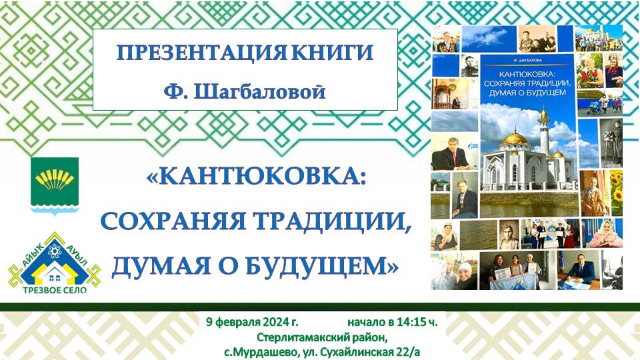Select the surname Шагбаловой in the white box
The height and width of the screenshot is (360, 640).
(x=259, y=91)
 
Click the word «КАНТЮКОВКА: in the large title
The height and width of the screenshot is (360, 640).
(x=256, y=177)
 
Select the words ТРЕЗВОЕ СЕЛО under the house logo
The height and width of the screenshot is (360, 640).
(x=55, y=290)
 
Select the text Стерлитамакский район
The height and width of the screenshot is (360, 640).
(x=321, y=337)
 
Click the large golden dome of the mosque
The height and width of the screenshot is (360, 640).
(x=515, y=138)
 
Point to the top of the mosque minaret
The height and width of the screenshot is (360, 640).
(x=543, y=107)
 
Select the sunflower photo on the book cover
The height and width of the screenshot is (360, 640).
(x=616, y=193)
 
